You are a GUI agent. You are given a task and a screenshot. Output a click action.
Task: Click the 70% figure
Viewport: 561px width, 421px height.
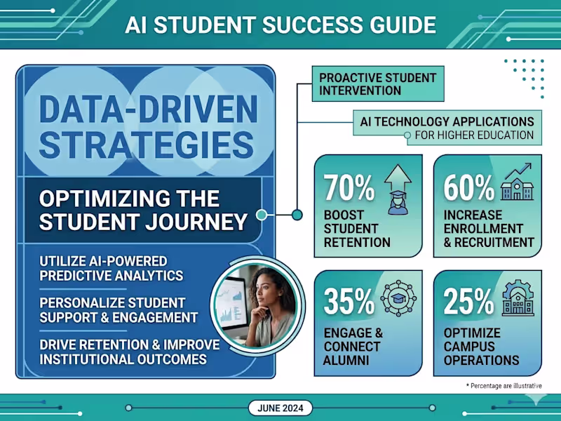tap(349, 188)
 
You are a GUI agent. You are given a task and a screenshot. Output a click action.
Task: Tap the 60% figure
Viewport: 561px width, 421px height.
tap(469, 188)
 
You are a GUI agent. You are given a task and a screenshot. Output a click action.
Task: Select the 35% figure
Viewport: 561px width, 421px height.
tap(349, 301)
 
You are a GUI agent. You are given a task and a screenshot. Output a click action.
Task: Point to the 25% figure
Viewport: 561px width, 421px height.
tap(469, 301)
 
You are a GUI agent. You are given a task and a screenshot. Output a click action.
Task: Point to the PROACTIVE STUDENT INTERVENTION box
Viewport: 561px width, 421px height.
tap(377, 83)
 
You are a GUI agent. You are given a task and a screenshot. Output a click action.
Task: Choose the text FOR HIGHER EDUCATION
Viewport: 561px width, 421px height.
tap(474, 135)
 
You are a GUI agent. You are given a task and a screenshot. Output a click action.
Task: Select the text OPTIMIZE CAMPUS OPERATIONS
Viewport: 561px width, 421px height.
tap(482, 347)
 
